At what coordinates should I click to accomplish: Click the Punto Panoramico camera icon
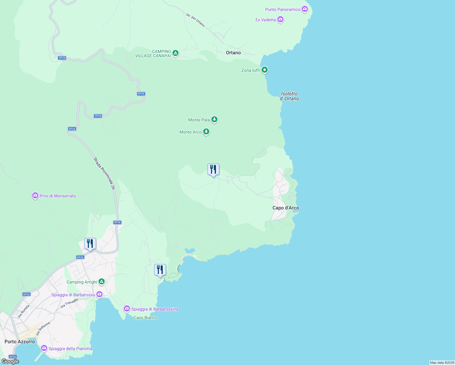coord(305,9)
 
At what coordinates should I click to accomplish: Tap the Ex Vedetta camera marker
coord(280,20)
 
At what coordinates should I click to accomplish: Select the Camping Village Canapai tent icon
coord(175,53)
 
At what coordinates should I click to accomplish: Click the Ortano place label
coord(233,53)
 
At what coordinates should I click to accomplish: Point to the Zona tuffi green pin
coord(265,70)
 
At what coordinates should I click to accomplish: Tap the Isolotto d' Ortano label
coord(289,96)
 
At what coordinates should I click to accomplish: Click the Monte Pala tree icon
coord(214,120)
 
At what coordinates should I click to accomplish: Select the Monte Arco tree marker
coord(206,132)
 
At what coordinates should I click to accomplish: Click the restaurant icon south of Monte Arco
coord(213,170)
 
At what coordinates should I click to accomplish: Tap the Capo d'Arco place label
coord(286,208)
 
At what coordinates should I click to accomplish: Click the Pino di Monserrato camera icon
coord(35,196)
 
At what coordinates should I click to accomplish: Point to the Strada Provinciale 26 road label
coord(104,173)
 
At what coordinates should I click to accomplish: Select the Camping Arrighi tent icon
coord(102,282)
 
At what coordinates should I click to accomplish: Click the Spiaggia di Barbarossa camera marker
coord(99,294)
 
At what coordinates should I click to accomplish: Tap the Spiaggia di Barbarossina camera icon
coord(127,309)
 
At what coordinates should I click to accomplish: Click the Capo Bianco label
coord(145,318)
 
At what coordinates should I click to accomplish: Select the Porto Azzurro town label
coord(20,342)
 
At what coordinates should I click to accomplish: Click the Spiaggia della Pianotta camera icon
coord(44,348)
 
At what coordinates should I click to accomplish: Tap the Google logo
coord(10,361)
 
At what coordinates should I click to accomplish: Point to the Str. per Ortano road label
coord(195,20)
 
